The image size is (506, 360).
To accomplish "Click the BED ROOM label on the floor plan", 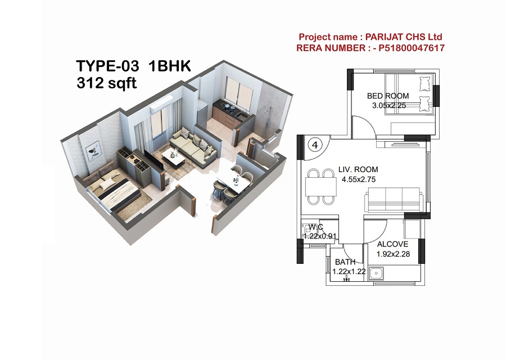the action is [388, 96].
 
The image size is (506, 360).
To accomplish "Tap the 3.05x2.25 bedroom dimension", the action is [389, 106].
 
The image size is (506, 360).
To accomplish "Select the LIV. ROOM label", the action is [358, 169].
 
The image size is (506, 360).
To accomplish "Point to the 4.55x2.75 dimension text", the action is [359, 179].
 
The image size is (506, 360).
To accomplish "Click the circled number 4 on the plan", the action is [315, 145].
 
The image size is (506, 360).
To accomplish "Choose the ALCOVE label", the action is [392, 245].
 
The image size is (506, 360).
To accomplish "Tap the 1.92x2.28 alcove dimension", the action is [393, 254].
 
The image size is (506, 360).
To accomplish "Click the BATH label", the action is [345, 262].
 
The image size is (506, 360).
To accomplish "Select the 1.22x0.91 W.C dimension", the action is [320, 236].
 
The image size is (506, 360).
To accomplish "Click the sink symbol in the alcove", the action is [376, 274].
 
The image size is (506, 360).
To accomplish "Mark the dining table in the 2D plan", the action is [320, 187].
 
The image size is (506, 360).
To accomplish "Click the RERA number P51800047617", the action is [412, 48].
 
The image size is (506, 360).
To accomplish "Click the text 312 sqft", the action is [107, 83].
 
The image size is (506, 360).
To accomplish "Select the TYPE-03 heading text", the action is [108, 66].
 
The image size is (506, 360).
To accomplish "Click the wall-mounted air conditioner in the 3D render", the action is [160, 105].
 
